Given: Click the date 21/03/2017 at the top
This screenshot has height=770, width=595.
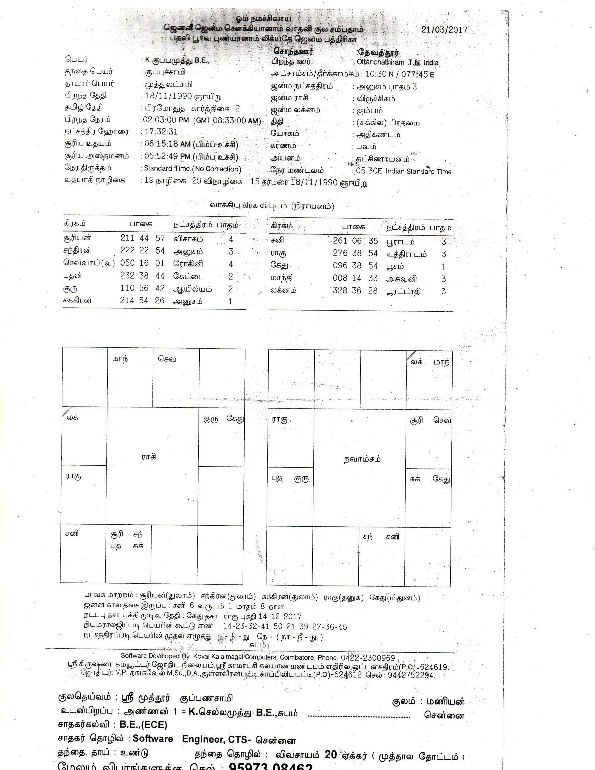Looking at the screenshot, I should click(444, 30).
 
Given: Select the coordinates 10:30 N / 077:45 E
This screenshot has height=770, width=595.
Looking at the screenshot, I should click(399, 74).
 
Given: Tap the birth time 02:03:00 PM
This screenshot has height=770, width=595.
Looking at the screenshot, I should click(165, 120).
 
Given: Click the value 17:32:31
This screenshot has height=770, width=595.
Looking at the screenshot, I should click(161, 132).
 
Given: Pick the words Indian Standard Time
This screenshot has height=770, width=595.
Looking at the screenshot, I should click(418, 171).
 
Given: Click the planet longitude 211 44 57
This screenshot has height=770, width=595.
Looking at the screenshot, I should click(142, 238).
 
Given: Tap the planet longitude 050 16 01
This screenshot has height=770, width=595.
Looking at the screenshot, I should click(142, 263).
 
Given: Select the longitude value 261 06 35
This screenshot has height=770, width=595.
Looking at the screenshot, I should click(355, 241).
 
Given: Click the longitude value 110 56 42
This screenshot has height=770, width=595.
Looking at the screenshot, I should click(142, 288).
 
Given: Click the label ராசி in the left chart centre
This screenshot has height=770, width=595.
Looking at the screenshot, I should click(149, 457).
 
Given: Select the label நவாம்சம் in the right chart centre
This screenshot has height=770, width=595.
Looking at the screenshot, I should click(362, 459).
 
